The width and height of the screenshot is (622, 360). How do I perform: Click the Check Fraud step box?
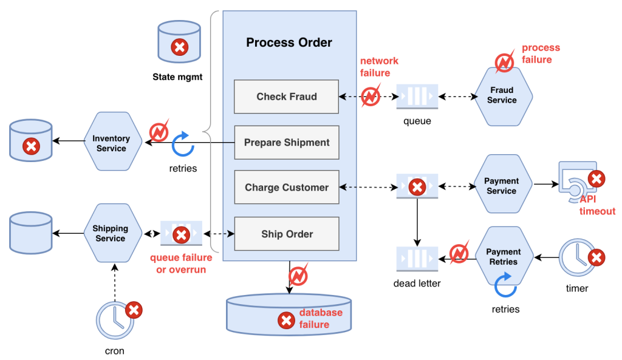coord(287,97)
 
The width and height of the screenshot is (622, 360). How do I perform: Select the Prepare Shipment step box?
coord(287,143)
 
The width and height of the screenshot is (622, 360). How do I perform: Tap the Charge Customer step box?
coord(287,188)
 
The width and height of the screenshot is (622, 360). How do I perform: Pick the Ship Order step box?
coord(287,234)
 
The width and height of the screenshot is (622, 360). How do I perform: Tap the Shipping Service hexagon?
coord(111,234)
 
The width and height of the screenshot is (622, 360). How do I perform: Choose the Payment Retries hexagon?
coord(503,257)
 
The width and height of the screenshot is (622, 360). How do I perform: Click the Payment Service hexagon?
coord(502,186)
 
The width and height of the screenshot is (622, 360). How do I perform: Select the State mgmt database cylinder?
coord(179,42)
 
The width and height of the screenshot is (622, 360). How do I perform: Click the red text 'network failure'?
coord(379,67)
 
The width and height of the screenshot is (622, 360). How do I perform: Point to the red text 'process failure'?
coord(540,53)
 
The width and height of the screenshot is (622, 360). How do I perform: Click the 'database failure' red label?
coord(320,319)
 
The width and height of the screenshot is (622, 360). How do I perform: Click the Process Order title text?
coord(289,42)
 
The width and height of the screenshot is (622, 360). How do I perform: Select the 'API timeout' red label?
coord(596,205)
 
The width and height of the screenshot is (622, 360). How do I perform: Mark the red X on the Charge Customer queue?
coord(417,187)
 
